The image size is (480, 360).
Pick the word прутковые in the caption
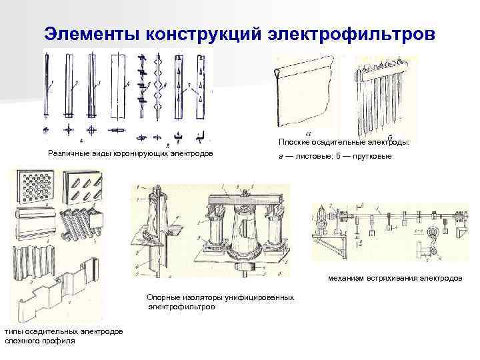point(371,155)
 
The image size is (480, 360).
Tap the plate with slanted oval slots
point(85,187)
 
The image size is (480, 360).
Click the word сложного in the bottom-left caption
point(23,340)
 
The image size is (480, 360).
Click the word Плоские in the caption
point(295,142)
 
